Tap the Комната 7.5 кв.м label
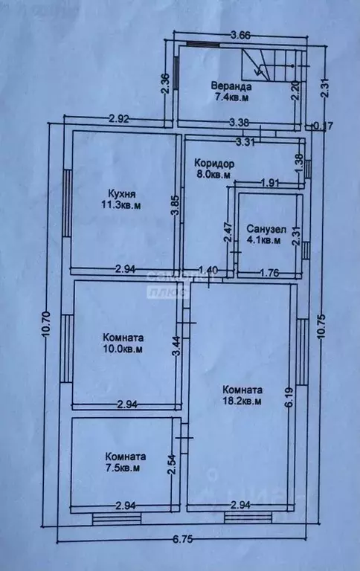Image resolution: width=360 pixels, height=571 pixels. coord(125,462)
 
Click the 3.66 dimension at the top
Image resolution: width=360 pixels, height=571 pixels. coord(240,34)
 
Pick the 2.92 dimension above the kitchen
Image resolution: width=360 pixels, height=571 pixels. coord(120,117)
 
